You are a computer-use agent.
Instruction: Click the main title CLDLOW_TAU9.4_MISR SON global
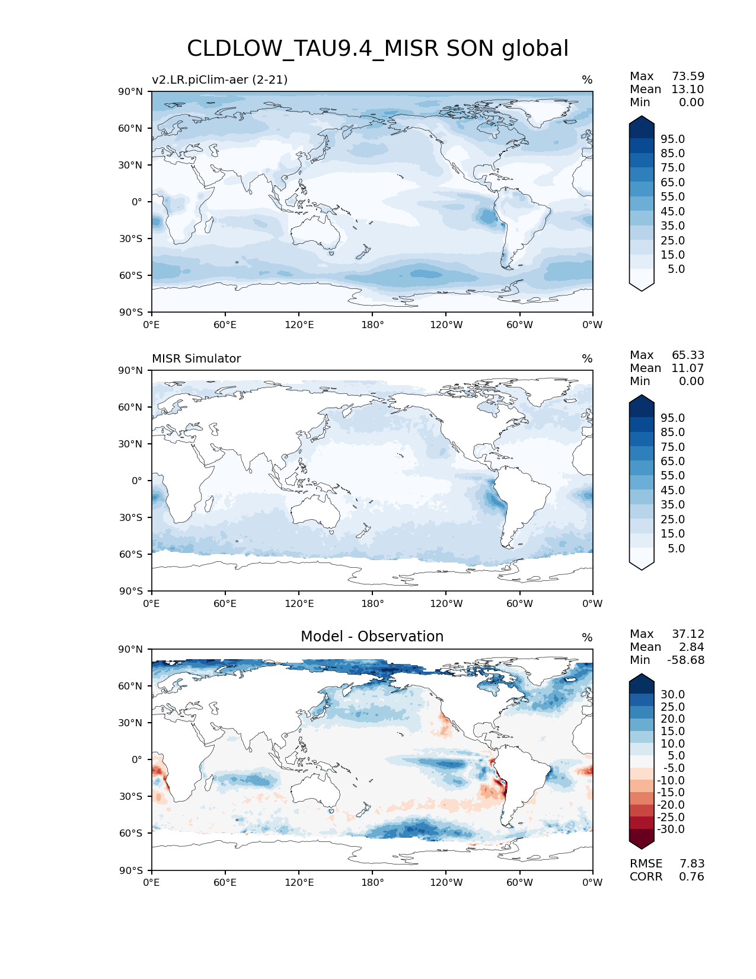pos(378,49)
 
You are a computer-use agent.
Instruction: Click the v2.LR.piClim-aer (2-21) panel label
pos(219,80)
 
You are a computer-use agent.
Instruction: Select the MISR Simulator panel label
pos(196,359)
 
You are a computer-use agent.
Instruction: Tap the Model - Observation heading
pos(372,637)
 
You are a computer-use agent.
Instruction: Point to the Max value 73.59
pos(688,77)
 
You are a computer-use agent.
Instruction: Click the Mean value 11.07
pos(687,368)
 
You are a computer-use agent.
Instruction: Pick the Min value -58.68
pos(685,660)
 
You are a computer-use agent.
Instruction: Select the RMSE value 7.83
pos(691,864)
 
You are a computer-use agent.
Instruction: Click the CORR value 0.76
pos(691,877)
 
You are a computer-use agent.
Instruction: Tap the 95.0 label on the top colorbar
pos(672,139)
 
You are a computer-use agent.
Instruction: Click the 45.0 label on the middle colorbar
pos(672,491)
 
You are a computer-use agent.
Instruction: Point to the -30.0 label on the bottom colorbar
pos(671,829)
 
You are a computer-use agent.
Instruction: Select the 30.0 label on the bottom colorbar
pos(672,695)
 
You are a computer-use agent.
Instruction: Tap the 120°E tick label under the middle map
pos(299,604)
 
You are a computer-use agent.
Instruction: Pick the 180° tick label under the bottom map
pos(372,883)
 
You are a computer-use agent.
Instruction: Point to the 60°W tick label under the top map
pos(519,325)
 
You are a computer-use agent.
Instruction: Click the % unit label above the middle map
pos(587,359)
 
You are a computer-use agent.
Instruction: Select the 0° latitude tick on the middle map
pos(137,481)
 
